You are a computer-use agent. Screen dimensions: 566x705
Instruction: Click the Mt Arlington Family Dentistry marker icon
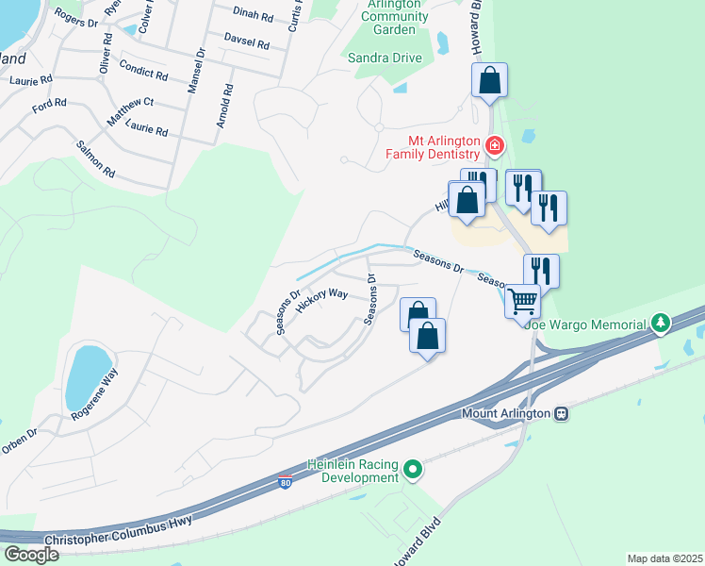tap(494, 145)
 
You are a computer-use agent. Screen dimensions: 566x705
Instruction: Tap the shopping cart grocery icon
tap(522, 302)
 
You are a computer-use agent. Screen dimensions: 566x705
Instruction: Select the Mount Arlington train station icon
tap(561, 413)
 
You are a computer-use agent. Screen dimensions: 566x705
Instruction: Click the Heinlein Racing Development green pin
tap(413, 469)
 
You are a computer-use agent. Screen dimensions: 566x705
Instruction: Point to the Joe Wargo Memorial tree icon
tap(662, 324)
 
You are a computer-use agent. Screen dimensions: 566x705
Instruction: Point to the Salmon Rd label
tap(95, 159)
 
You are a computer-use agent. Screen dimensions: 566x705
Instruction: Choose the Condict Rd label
tap(143, 75)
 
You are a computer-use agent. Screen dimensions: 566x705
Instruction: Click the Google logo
tap(31, 554)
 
